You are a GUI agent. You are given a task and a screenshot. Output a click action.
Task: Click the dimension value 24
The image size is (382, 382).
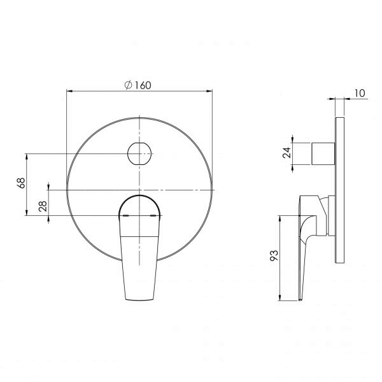tap(286, 152)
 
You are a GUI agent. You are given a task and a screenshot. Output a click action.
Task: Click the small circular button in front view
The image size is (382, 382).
tap(139, 153)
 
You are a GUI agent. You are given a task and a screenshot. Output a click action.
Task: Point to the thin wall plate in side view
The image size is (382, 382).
tap(339, 191)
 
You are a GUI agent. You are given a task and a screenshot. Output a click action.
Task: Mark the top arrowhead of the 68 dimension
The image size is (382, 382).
tap(27, 155)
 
